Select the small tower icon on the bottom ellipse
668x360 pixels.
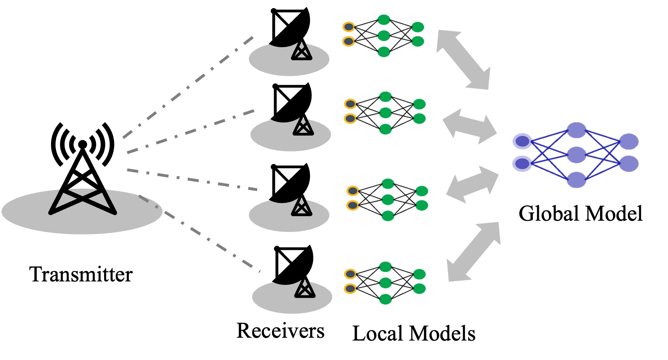click(x=305, y=289)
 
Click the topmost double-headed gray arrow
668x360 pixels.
click(x=464, y=60)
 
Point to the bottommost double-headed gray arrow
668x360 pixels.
click(x=474, y=252)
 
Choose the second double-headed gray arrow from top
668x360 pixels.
click(x=470, y=126)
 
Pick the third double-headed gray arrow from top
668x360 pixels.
click(x=472, y=184)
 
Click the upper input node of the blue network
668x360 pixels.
click(x=522, y=141)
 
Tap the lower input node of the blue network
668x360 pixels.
click(x=522, y=164)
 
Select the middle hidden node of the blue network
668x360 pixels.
click(x=577, y=155)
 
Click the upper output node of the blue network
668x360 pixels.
click(x=629, y=142)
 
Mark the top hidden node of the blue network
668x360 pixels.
click(x=577, y=130)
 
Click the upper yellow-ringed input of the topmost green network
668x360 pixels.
click(x=349, y=27)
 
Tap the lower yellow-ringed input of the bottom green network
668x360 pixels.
click(x=350, y=289)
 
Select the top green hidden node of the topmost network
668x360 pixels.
click(x=384, y=19)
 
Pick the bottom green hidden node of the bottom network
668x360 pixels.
click(x=385, y=299)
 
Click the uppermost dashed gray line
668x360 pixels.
click(x=188, y=87)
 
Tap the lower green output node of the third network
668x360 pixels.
click(x=422, y=205)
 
